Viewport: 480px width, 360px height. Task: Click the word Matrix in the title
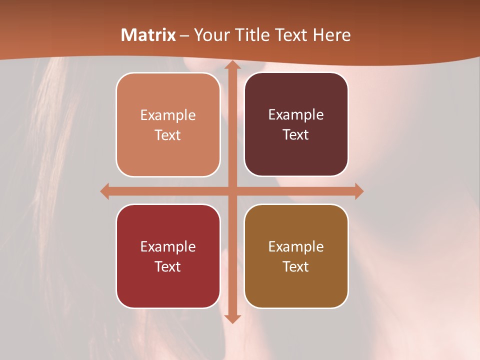coord(148,35)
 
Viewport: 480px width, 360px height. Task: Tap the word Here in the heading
coord(332,35)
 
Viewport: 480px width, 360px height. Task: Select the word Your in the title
coord(210,35)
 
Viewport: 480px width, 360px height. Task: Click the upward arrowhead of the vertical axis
coord(231,65)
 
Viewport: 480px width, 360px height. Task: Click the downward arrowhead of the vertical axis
coord(231,318)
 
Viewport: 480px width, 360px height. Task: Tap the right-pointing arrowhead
coord(358,191)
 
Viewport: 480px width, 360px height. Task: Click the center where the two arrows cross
coord(231,191)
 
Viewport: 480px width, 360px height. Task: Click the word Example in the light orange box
coord(168,115)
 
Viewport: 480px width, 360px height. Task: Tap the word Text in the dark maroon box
coord(296,135)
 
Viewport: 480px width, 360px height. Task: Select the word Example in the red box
coord(168,246)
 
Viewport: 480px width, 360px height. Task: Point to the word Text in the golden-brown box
coord(296,266)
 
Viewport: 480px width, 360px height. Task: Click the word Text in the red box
coord(168,266)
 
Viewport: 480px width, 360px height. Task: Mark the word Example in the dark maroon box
coord(296,115)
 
